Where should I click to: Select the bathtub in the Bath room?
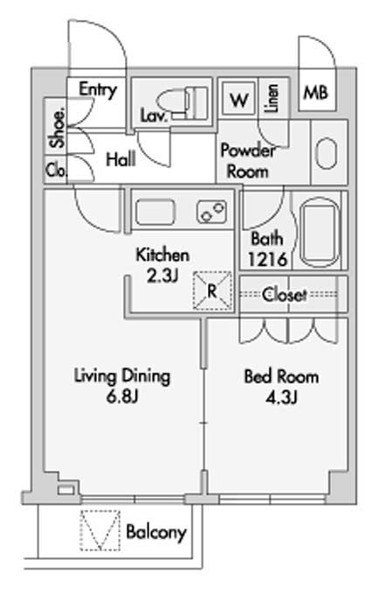click(x=320, y=231)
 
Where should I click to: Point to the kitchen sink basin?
click(x=155, y=212)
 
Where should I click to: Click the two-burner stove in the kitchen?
click(x=211, y=212)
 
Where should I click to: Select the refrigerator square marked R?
click(x=212, y=290)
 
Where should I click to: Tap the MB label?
click(x=315, y=92)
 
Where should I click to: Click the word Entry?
click(x=97, y=90)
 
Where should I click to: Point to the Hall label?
click(x=121, y=159)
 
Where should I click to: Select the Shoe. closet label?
click(x=58, y=129)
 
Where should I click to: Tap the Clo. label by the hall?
click(x=57, y=170)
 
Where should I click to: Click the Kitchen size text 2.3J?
click(x=162, y=276)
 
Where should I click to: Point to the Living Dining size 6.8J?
click(x=122, y=396)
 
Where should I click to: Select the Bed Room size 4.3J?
click(x=281, y=397)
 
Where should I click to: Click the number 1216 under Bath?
click(x=267, y=260)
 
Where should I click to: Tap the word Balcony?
click(x=156, y=532)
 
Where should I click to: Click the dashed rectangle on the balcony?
click(x=100, y=530)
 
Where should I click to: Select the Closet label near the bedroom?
click(x=284, y=295)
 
